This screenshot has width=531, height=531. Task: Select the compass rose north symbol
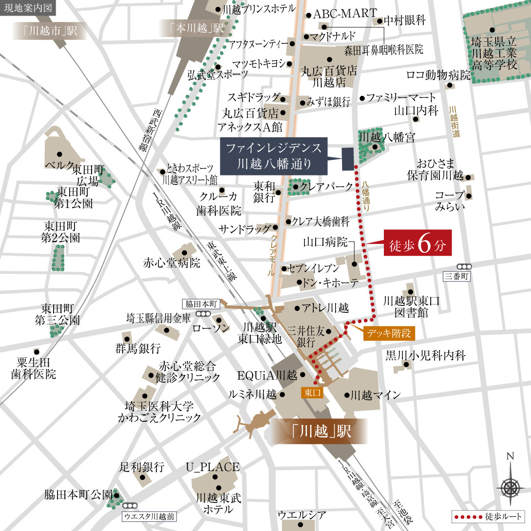click(x=510, y=486)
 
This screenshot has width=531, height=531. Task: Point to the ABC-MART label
click(x=344, y=14)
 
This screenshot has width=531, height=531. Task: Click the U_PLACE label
click(x=212, y=467)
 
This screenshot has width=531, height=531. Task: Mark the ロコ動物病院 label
click(x=438, y=75)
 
